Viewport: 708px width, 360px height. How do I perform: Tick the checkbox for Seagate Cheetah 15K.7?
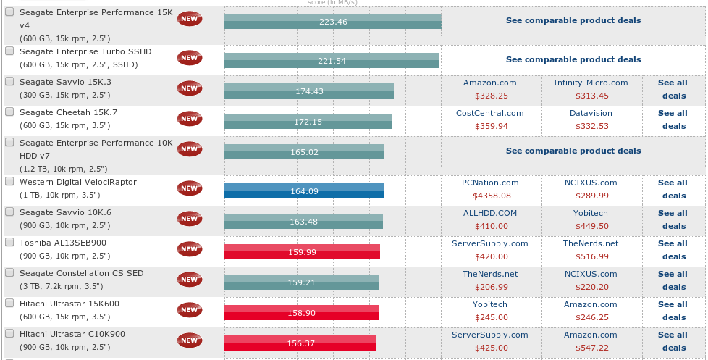(x=9, y=112)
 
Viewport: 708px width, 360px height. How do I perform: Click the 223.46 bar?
(x=332, y=22)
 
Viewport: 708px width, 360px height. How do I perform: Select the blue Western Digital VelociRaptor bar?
(x=303, y=191)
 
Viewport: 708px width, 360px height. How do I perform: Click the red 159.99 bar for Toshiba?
(x=302, y=252)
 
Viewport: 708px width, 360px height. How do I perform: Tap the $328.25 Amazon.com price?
(x=491, y=96)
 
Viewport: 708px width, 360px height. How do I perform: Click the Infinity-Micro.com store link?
(x=591, y=83)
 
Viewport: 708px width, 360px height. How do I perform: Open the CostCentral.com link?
(x=489, y=113)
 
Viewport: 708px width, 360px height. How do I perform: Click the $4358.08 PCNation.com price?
(x=492, y=196)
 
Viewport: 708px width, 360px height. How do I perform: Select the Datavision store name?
(x=591, y=113)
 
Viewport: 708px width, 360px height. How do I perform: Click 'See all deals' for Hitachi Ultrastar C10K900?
(x=673, y=341)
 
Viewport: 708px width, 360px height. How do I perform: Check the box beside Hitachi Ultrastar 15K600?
(x=9, y=304)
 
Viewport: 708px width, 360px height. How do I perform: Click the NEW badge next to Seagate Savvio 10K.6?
(x=190, y=217)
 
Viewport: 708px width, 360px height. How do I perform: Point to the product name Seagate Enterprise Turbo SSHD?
(x=85, y=52)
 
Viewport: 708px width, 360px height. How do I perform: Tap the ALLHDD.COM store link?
(x=490, y=213)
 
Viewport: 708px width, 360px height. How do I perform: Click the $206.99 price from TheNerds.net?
(x=491, y=287)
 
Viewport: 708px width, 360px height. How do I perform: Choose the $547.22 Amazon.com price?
(x=591, y=348)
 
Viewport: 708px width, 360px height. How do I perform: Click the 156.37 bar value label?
(x=300, y=343)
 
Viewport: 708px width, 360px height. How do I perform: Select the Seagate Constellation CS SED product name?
(x=82, y=273)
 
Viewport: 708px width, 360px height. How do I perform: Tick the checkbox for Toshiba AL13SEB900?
(x=9, y=243)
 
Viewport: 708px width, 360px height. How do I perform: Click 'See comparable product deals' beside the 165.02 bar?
(x=573, y=151)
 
